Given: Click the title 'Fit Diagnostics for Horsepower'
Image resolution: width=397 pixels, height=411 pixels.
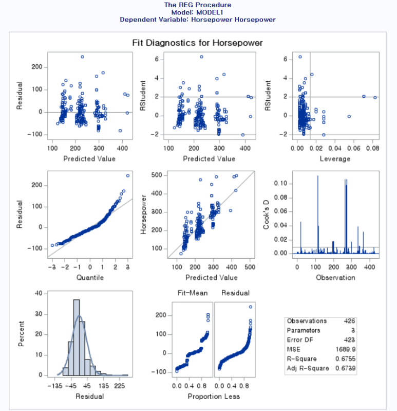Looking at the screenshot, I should pyautogui.click(x=198, y=43).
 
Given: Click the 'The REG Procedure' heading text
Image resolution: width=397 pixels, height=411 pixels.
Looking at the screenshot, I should pyautogui.click(x=198, y=5).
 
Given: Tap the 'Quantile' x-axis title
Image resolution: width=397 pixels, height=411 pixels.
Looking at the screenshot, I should pyautogui.click(x=90, y=277).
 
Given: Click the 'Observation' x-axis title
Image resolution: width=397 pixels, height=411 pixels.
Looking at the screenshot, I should pyautogui.click(x=336, y=277).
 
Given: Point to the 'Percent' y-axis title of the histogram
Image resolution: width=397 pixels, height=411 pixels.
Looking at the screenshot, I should pyautogui.click(x=22, y=334).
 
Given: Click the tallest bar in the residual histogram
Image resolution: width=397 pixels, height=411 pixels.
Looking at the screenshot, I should pyautogui.click(x=77, y=337).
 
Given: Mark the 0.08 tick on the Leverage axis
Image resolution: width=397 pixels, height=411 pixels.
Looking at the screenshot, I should pyautogui.click(x=372, y=148).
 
